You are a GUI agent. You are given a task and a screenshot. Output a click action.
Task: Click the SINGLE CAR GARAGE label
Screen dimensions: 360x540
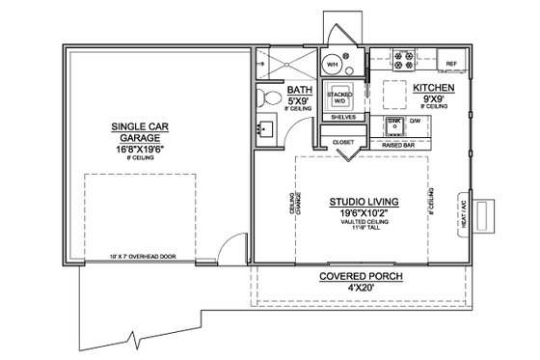[x=142, y=131]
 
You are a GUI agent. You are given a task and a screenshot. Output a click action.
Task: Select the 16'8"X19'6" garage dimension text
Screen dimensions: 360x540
[x=142, y=152]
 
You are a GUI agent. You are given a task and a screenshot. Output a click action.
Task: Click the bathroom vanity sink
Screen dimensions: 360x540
[x=266, y=126]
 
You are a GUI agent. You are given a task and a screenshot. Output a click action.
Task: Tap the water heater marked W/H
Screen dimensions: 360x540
[x=333, y=65]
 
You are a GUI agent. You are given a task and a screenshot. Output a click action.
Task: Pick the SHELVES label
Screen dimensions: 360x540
[x=344, y=117]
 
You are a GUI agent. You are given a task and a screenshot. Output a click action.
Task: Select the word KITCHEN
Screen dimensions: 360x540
[x=431, y=87]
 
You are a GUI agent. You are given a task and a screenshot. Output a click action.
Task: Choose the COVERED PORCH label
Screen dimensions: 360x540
[x=362, y=277]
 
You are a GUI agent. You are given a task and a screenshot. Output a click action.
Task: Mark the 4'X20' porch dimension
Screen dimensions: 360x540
[x=362, y=288]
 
